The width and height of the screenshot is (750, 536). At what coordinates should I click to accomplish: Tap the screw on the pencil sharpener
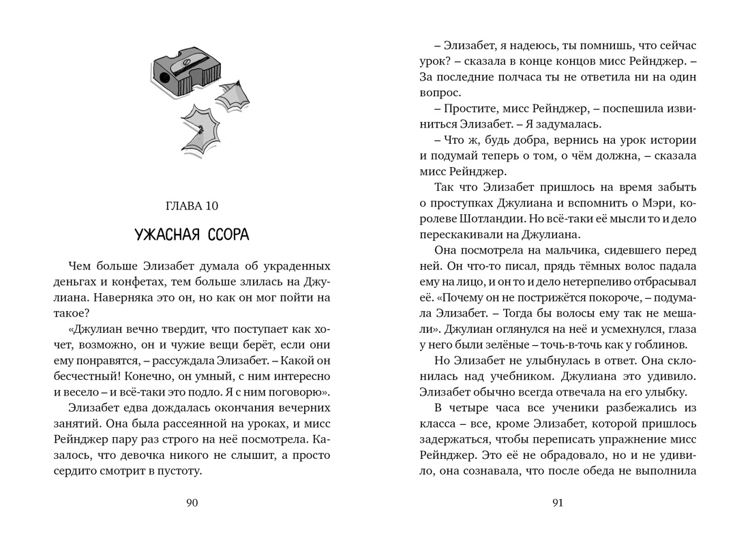183,65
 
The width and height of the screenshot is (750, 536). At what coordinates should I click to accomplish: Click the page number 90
192,503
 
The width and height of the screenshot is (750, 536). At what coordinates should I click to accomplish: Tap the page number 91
557,503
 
